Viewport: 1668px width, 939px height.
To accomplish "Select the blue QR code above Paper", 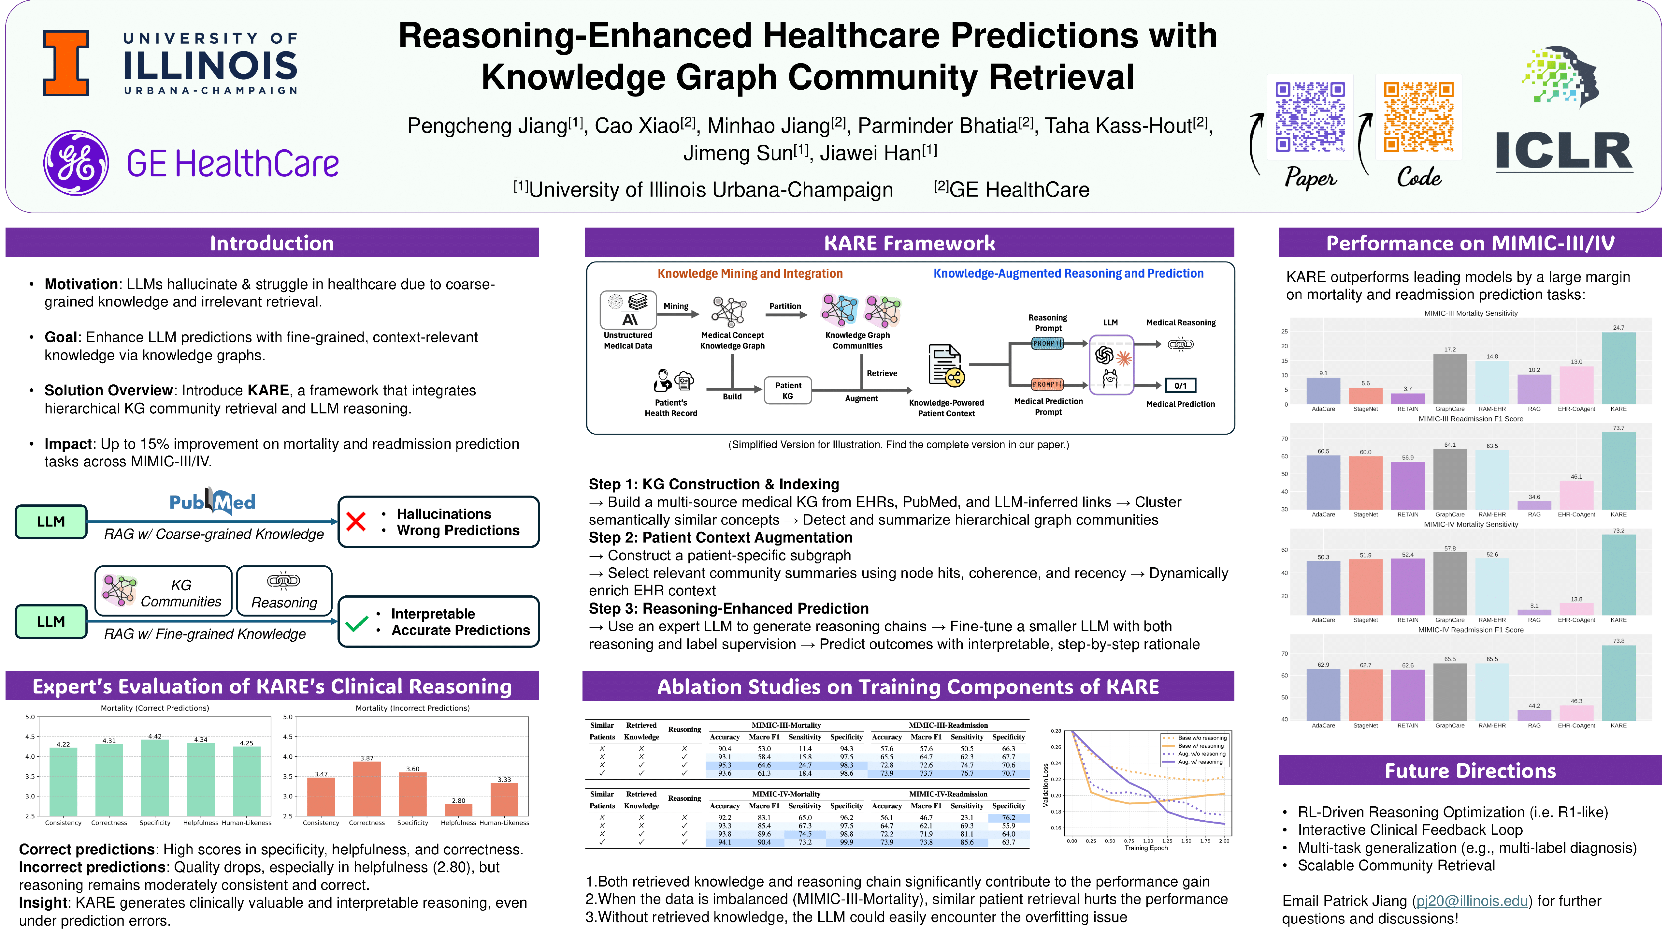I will click(1310, 117).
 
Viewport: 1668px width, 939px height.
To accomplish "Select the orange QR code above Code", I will click(1418, 117).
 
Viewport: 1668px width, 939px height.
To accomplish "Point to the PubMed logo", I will click(212, 501).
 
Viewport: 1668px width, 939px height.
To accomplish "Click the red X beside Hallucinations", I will click(356, 522).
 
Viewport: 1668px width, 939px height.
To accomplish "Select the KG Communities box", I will click(163, 591).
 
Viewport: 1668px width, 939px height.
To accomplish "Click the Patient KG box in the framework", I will click(787, 390).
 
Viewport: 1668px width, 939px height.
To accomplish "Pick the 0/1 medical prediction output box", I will click(1180, 386).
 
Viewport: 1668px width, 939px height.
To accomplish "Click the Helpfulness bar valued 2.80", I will click(458, 809).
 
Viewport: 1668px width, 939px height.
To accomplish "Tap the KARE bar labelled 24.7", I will click(1618, 368).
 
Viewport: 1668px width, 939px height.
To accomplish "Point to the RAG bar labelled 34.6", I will click(1534, 505).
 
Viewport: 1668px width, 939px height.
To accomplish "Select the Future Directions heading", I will click(1470, 770).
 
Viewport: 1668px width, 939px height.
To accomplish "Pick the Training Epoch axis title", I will click(1146, 848).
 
